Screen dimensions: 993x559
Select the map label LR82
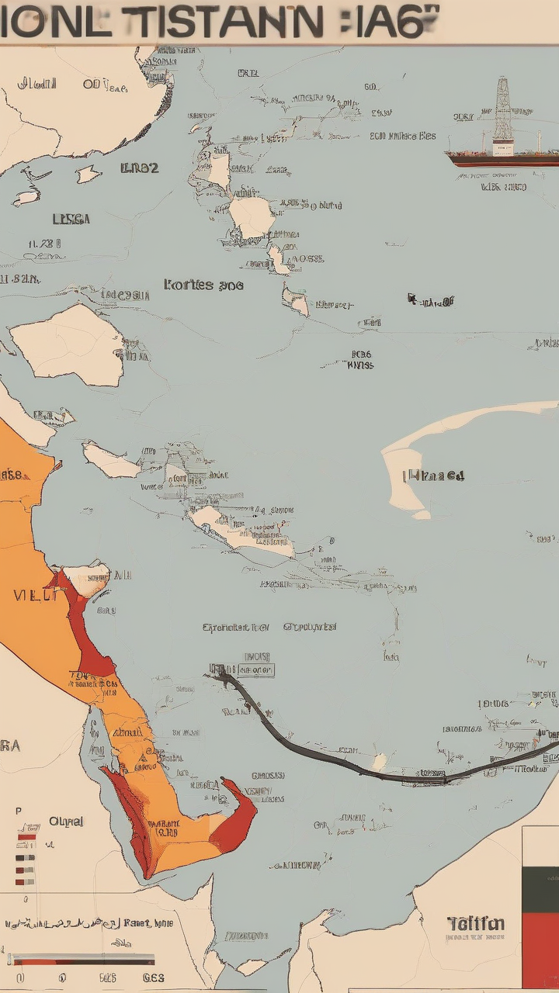[x=140, y=168]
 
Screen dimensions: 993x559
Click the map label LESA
[x=71, y=220]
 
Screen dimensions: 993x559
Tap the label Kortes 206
[x=203, y=285]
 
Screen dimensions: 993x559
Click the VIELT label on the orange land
[x=34, y=596]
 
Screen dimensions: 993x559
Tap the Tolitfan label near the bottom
[x=476, y=923]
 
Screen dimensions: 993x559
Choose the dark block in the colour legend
[x=540, y=889]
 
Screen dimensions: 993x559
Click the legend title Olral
[x=66, y=821]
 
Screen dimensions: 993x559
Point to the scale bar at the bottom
[x=82, y=960]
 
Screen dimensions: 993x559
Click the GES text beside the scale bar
[x=154, y=977]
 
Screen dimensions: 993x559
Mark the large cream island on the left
[x=70, y=345]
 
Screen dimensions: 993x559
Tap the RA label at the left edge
[x=10, y=746]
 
